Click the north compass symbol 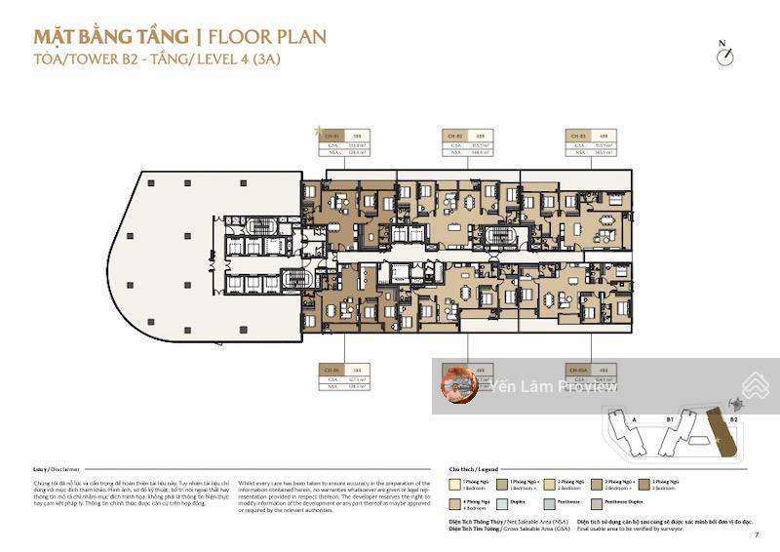tap(723, 56)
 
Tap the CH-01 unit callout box tap(345, 142)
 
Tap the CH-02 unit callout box tap(467, 142)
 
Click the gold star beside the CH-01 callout tap(316, 129)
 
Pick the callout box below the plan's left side tap(345, 377)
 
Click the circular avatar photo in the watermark tap(458, 385)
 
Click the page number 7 tap(757, 534)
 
